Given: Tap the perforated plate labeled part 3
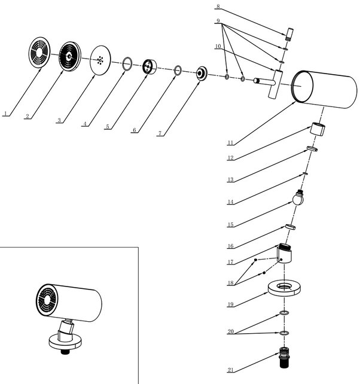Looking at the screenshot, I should coord(100,60).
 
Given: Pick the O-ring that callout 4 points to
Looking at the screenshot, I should coord(127,63).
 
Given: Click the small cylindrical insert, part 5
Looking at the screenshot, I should coord(148,66).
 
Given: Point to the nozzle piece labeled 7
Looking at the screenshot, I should coord(202,73).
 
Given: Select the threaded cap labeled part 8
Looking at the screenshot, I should coord(289,33).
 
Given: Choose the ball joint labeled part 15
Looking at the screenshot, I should coord(299,197).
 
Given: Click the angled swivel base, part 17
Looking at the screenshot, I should coord(286,254).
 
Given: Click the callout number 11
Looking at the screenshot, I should coord(230,142).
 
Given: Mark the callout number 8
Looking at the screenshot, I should coord(218,7).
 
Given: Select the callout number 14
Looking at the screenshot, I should coord(230,202).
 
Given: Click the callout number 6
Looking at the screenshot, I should coord(135,129).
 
